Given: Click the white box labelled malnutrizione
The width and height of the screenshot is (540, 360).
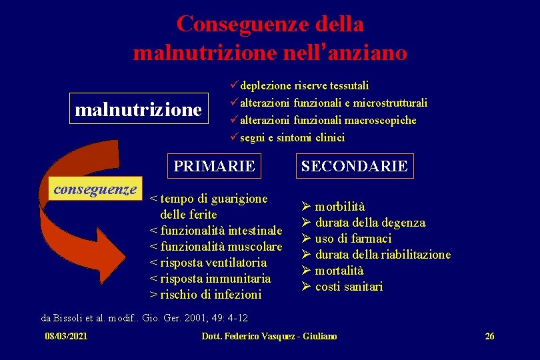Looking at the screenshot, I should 139,109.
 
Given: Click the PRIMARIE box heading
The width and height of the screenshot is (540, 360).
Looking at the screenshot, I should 214,166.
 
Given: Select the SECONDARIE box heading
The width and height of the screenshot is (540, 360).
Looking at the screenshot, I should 354,166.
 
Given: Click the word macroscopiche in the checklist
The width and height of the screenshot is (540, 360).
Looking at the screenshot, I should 381,121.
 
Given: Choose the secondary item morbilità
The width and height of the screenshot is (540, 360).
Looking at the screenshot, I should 339,207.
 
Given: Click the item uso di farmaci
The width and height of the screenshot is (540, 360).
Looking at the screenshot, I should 353,239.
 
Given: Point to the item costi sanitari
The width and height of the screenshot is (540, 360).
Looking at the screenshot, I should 349,287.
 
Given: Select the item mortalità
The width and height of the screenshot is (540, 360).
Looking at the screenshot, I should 339,271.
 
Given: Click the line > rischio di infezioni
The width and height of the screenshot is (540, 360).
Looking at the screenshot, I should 206,294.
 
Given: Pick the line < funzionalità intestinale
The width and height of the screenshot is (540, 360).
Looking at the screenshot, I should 216,231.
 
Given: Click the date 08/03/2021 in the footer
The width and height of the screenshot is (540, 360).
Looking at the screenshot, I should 65,336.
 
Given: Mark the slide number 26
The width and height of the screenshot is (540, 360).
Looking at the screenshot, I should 489,336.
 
